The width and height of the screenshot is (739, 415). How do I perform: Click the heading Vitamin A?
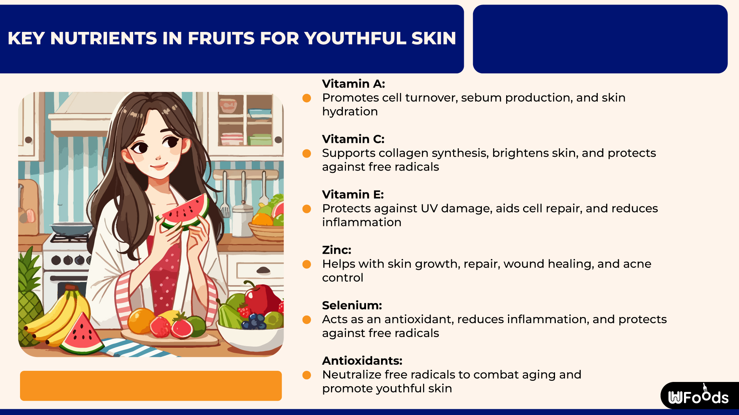pyautogui.click(x=353, y=84)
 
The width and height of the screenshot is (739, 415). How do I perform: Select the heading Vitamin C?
pyautogui.click(x=353, y=139)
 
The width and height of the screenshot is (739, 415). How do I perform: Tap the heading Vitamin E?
pyautogui.click(x=353, y=194)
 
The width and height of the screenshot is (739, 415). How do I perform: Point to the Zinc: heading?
pyautogui.click(x=336, y=250)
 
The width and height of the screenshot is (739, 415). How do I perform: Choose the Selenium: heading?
pyautogui.click(x=352, y=305)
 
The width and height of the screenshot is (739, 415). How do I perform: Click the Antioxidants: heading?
pyautogui.click(x=362, y=361)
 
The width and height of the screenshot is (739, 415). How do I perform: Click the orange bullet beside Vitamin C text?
pyautogui.click(x=307, y=154)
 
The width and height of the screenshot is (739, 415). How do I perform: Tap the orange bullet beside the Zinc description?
pyautogui.click(x=307, y=264)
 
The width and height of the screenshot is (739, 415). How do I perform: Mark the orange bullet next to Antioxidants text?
pyautogui.click(x=307, y=375)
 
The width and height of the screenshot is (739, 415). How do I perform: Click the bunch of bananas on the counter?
pyautogui.click(x=58, y=319)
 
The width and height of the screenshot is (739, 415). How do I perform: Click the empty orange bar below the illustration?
pyautogui.click(x=151, y=386)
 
